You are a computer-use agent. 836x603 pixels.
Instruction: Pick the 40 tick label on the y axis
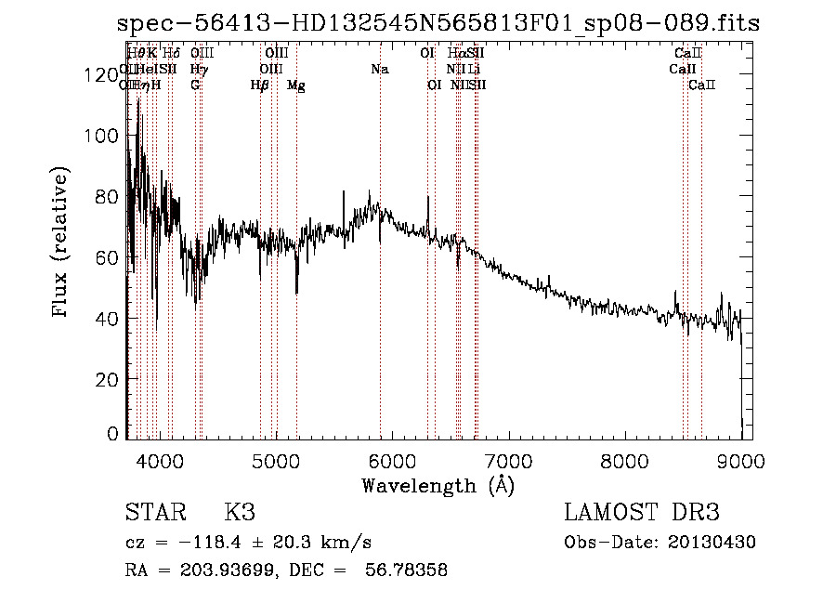point(108,319)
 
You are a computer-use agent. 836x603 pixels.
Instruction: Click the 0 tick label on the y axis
point(113,434)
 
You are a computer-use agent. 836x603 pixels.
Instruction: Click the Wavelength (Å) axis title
point(438,485)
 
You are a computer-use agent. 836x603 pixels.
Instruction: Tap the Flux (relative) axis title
point(61,243)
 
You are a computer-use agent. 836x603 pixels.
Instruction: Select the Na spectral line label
point(379,70)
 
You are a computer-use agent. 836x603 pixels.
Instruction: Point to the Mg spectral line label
point(295,85)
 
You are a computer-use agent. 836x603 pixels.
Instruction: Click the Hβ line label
point(260,85)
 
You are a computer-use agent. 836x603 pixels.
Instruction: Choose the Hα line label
point(455,54)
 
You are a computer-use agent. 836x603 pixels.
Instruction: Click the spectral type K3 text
point(239,513)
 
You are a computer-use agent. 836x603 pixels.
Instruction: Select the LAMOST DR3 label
point(642,513)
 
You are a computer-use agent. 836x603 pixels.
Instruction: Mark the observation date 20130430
point(717,543)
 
